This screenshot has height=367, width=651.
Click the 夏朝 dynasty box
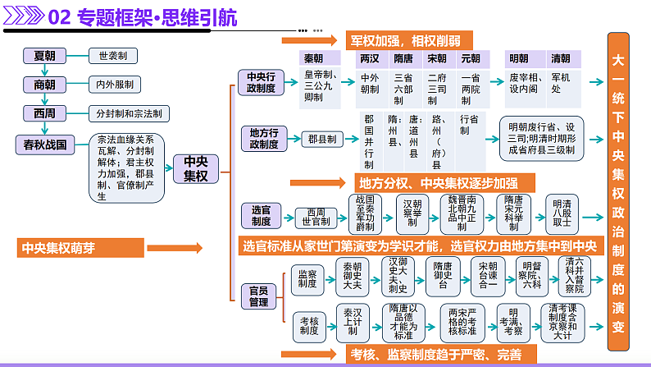[45, 56]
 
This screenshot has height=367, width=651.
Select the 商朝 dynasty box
[45, 85]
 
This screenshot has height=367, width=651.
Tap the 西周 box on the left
[45, 113]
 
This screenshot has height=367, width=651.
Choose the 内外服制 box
[114, 85]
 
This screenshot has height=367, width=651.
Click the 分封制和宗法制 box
[129, 113]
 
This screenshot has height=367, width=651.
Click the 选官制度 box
[260, 215]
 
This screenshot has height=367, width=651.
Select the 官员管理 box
[260, 296]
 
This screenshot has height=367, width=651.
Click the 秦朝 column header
[313, 59]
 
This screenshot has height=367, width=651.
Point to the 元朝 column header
[471, 59]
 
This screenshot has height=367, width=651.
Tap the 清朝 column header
[561, 59]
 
